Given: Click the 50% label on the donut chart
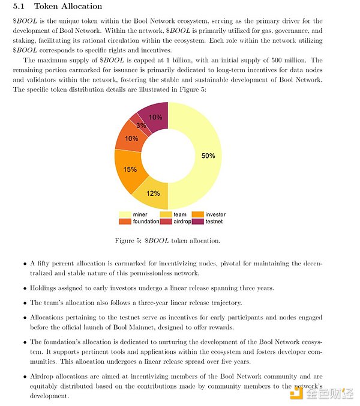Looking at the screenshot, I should [x=208, y=156].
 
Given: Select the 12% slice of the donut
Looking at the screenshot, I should [x=153, y=193].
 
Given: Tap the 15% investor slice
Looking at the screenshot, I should [x=130, y=169].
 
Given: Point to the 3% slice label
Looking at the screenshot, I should [x=141, y=126].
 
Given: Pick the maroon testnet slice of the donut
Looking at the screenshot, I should [x=155, y=117].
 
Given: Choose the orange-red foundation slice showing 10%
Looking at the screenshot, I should [x=131, y=138].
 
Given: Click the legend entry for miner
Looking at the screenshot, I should [x=133, y=214].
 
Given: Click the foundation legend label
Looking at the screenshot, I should [x=146, y=222].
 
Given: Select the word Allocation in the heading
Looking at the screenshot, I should [x=82, y=7].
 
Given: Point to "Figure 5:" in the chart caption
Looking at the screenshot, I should [x=128, y=241].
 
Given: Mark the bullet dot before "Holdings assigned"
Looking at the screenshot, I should [x=25, y=288].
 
